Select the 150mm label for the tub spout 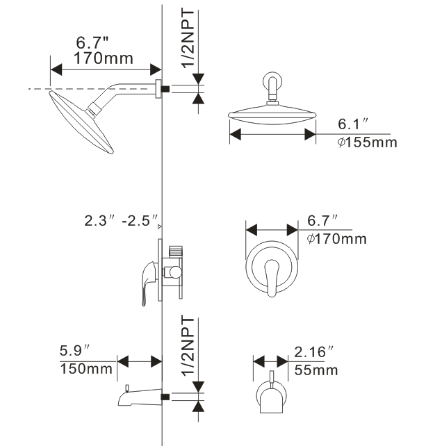click(86, 369)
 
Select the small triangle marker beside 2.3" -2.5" click(159, 226)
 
